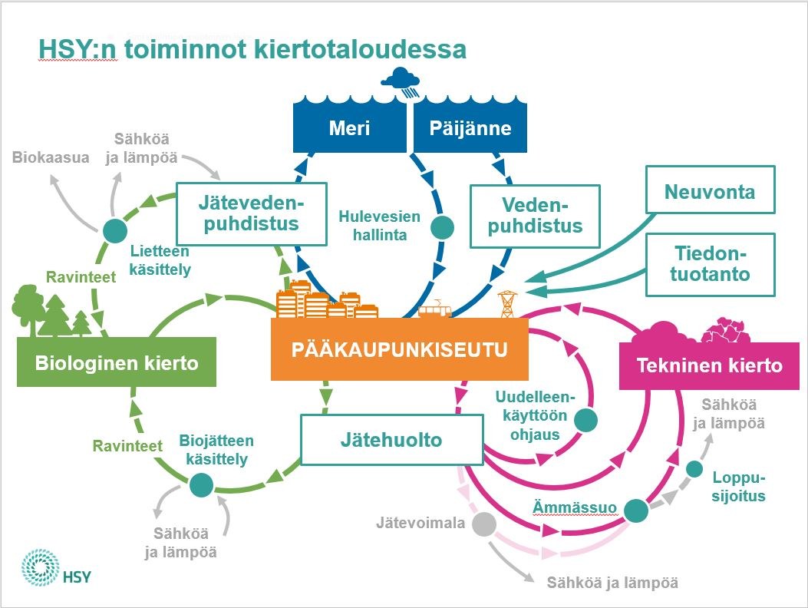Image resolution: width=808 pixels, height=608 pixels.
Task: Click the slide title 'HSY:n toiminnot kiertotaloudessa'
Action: [x=252, y=50]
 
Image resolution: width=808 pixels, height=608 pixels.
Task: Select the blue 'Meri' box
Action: [x=349, y=127]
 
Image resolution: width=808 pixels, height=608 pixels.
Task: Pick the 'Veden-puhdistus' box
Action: [x=534, y=216]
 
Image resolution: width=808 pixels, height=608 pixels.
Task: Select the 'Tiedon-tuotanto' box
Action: [x=710, y=264]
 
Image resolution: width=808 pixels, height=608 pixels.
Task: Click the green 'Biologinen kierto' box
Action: [x=116, y=362]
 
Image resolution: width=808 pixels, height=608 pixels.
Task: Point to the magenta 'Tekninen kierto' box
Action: [x=709, y=365]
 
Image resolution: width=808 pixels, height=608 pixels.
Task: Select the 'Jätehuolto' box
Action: [x=391, y=441]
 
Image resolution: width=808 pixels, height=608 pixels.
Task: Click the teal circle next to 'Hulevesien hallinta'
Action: [x=442, y=227]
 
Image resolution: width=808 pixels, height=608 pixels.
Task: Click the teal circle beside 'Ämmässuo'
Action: [x=635, y=510]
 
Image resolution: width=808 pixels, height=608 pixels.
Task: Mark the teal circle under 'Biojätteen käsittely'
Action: [x=201, y=485]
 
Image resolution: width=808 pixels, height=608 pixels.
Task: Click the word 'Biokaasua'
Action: [x=51, y=157]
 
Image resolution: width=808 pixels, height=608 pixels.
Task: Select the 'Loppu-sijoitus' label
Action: [x=740, y=487]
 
